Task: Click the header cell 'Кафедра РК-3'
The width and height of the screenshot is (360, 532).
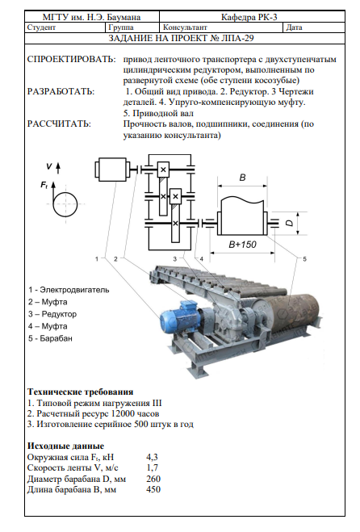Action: click(x=249, y=17)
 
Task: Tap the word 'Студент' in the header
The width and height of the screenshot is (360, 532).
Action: click(x=41, y=27)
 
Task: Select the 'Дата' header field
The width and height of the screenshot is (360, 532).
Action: click(x=294, y=27)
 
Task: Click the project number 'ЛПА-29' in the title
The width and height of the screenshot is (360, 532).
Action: click(x=237, y=38)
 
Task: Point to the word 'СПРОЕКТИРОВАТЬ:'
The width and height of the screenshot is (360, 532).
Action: click(x=71, y=60)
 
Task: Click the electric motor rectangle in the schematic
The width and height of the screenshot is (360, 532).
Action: click(x=112, y=169)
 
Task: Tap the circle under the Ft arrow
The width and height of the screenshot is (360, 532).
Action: click(x=65, y=204)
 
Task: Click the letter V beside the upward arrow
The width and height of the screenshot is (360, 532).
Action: click(x=49, y=166)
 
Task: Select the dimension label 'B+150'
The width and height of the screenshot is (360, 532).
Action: click(x=242, y=245)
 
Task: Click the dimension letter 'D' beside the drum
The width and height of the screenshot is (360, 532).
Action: click(x=289, y=223)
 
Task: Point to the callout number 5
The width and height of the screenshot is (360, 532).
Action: click(x=304, y=259)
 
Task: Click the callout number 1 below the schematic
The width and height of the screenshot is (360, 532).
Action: click(x=97, y=259)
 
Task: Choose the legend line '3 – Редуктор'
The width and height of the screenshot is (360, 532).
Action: click(x=52, y=314)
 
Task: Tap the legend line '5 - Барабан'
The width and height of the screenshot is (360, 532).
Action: click(x=50, y=338)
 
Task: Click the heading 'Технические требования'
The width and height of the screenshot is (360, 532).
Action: click(x=81, y=392)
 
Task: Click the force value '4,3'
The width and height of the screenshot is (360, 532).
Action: click(x=153, y=457)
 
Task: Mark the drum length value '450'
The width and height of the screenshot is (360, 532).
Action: click(x=153, y=489)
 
